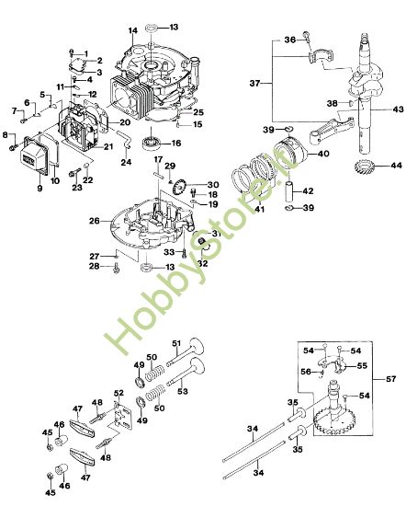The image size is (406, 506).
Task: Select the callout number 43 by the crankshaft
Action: tap(398, 111)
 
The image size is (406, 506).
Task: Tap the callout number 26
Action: tap(94, 221)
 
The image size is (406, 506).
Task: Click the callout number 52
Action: tap(117, 393)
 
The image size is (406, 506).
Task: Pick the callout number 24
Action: tap(128, 163)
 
